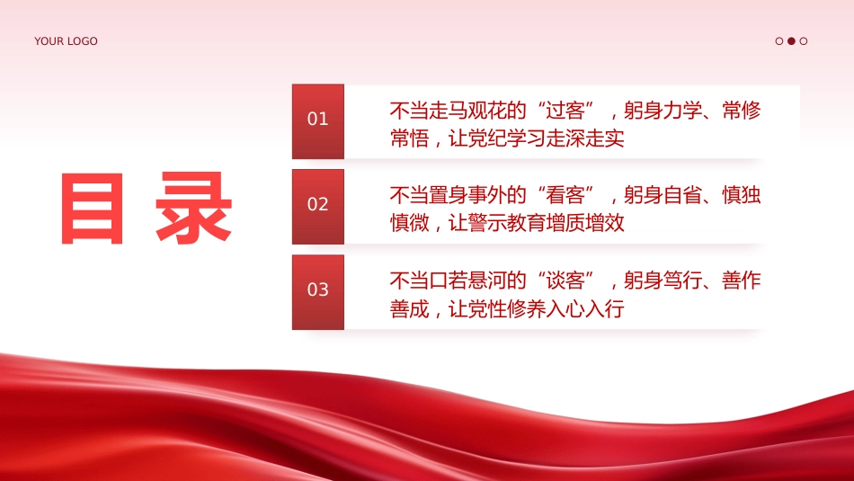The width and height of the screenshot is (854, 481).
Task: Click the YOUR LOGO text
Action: (x=66, y=41)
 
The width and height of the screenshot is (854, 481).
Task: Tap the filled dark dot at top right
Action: (x=791, y=40)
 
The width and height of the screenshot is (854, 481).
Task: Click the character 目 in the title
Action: (x=93, y=208)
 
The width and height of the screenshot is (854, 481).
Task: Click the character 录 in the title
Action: (x=194, y=208)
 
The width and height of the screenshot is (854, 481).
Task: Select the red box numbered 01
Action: (x=318, y=121)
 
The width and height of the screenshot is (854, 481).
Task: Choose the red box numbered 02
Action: (x=318, y=207)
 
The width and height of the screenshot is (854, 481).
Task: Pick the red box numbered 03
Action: (x=318, y=292)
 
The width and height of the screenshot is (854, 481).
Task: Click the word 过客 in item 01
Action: (x=565, y=111)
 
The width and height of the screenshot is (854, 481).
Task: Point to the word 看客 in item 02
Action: (x=565, y=195)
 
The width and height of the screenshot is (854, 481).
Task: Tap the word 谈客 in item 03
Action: (x=565, y=281)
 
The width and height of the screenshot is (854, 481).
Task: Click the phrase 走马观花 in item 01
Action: (x=467, y=111)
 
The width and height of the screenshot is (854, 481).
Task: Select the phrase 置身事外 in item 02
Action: (x=467, y=195)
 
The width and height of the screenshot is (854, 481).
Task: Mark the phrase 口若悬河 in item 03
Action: (x=467, y=281)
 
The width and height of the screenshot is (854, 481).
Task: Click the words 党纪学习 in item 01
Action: (x=507, y=138)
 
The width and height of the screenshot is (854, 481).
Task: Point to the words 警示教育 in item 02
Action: (x=507, y=223)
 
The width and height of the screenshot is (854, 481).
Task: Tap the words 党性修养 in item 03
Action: (x=507, y=309)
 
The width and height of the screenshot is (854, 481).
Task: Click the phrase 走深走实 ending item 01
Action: (x=585, y=138)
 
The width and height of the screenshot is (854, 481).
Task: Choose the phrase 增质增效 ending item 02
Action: (x=585, y=223)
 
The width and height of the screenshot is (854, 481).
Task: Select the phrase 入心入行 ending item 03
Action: (x=585, y=309)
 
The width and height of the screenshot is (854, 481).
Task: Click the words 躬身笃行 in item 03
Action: (x=663, y=281)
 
